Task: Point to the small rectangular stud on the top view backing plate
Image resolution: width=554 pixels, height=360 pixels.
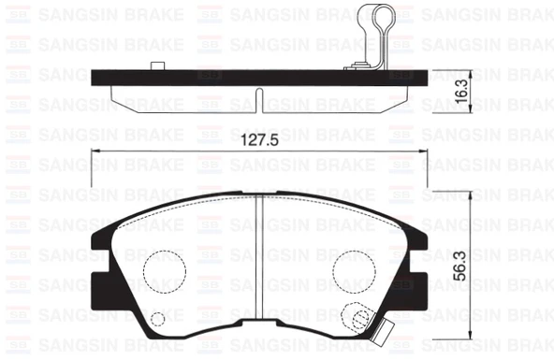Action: (157, 65)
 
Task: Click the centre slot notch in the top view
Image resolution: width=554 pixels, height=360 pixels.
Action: (257, 100)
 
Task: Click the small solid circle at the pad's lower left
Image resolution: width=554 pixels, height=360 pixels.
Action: (157, 320)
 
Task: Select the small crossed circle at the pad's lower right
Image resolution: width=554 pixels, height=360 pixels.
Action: (356, 318)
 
